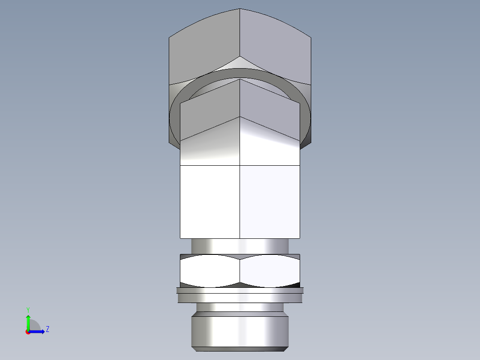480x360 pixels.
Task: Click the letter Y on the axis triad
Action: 28,309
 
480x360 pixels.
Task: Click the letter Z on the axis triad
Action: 47,329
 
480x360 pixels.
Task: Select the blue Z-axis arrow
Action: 38,331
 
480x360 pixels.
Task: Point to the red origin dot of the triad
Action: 28,332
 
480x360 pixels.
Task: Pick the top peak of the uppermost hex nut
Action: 240,9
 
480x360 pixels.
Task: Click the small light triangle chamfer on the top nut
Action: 240,63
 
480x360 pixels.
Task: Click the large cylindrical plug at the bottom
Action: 240,332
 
